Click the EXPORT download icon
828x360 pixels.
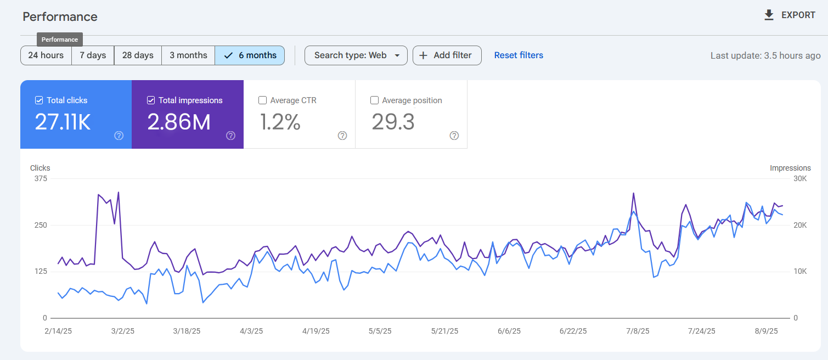pos(769,15)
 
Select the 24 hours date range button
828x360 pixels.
pos(46,55)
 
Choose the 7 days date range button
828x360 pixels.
pos(93,55)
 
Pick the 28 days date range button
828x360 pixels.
pos(138,55)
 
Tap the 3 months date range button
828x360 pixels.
pos(188,55)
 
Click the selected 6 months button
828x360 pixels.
pos(250,55)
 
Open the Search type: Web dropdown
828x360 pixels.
pos(356,55)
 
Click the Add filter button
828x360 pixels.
pos(447,55)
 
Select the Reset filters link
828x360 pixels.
pos(519,55)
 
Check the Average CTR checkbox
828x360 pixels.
pos(262,100)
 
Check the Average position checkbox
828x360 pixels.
pos(374,100)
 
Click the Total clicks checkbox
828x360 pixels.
pos(39,100)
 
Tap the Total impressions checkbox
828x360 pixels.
pos(151,100)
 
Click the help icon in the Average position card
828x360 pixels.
pos(454,136)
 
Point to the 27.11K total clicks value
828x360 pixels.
pos(63,122)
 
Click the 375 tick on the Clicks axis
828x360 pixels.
pos(41,179)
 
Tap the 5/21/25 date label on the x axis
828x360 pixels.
pos(444,331)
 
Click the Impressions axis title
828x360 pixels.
pos(790,168)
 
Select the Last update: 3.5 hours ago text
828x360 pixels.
pos(765,55)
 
